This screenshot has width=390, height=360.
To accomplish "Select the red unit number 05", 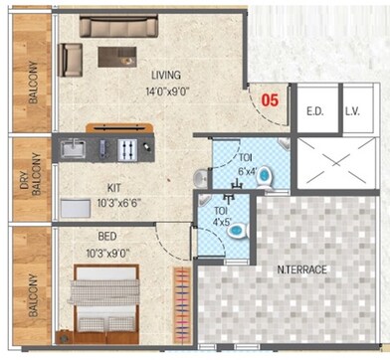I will click(x=269, y=100).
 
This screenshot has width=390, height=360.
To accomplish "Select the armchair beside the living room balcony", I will click(x=71, y=61).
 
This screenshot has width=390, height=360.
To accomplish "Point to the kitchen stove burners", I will click(x=127, y=149).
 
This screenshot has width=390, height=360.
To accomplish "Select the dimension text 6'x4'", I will click(x=248, y=171).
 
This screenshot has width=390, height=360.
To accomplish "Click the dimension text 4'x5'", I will click(x=219, y=223).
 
